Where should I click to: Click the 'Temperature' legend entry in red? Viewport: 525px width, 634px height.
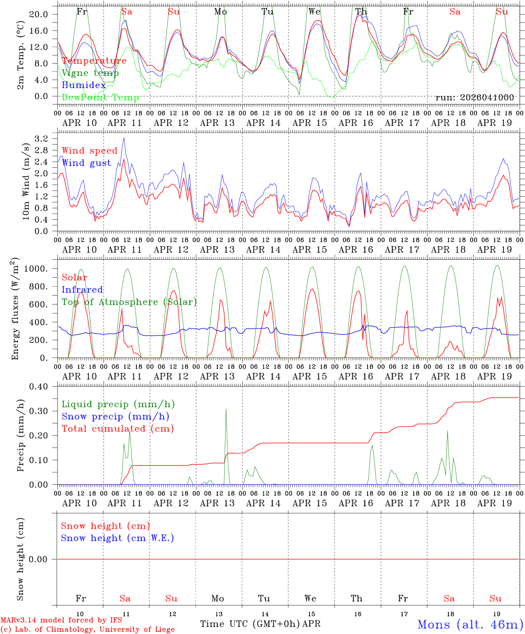pos(94,61)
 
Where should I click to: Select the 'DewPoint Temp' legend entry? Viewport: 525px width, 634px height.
pos(100,97)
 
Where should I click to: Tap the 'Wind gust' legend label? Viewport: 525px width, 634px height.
pos(86,163)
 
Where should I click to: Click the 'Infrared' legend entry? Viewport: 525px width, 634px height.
pos(82,290)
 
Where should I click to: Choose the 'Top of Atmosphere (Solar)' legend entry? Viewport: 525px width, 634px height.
pos(129,302)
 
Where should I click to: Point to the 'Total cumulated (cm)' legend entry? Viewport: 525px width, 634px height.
pos(117,428)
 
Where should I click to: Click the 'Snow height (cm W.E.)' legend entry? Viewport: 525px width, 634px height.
pos(117,538)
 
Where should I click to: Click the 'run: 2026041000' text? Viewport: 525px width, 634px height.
pos(474,97)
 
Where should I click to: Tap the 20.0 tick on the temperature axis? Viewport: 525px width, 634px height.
pos(39,14)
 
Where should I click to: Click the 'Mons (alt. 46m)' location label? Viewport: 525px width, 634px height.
pos(470,624)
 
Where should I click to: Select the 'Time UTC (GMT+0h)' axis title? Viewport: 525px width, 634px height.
pos(250,624)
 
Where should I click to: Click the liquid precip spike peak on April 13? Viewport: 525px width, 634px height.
pos(226,409)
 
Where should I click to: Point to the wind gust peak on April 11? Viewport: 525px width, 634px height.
pos(124,138)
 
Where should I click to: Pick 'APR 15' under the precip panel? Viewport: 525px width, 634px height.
pos(310,503)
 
